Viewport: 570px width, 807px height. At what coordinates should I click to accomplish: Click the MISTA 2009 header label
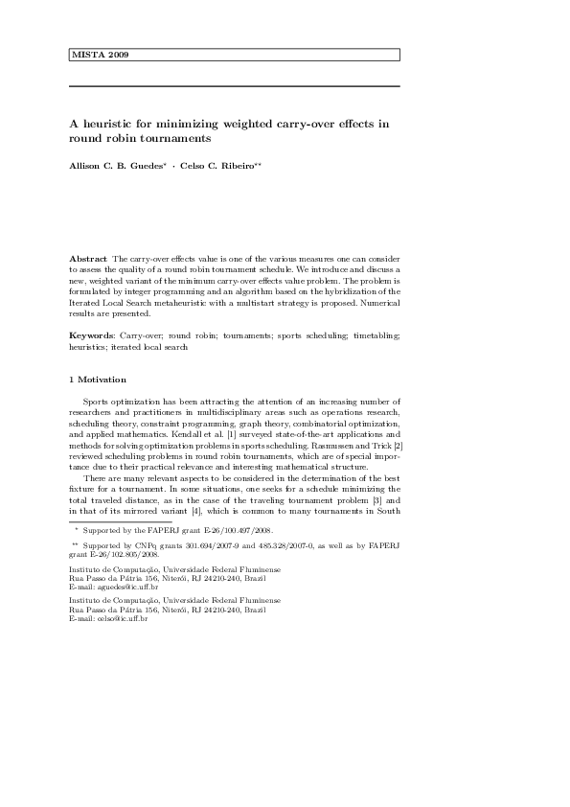(101, 55)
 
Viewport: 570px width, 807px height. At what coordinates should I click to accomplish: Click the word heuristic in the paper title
(111, 124)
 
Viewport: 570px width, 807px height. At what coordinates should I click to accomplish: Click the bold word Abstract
(89, 259)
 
